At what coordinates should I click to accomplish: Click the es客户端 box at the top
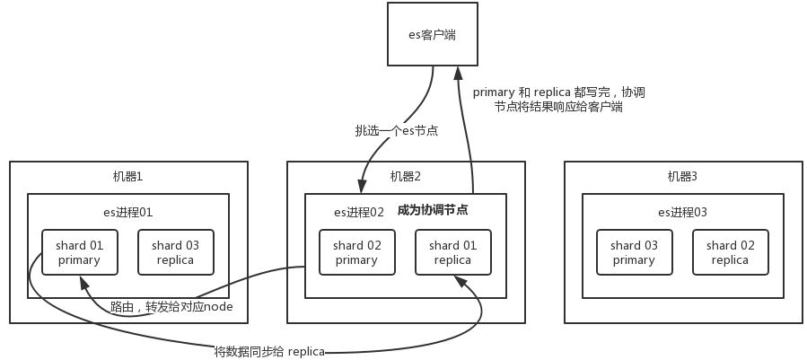point(433,34)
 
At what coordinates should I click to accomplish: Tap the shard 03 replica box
point(175,252)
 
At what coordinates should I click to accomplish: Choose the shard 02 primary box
point(356,252)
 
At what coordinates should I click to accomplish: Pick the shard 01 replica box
point(452,252)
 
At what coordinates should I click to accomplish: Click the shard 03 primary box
point(634,252)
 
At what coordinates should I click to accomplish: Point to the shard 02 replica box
point(730,252)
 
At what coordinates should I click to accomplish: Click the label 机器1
point(127,176)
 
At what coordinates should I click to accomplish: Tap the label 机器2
point(406,176)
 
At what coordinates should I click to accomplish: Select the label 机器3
point(683,176)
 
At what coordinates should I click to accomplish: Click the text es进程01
point(127,212)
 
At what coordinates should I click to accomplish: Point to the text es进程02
point(359,212)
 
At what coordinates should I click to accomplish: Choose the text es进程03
point(682,212)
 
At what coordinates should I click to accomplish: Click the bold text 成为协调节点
point(433,210)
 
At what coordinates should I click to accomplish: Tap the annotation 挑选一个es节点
point(397,131)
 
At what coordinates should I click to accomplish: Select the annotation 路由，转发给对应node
point(171,307)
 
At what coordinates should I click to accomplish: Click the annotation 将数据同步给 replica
point(268,350)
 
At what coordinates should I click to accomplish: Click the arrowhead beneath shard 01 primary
point(83,282)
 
